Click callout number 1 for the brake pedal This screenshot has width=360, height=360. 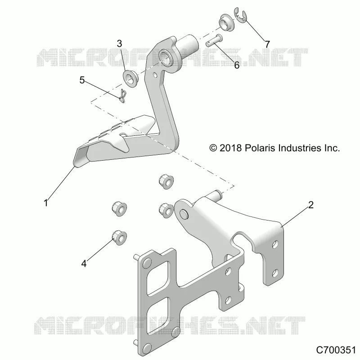pyautogui.click(x=46, y=203)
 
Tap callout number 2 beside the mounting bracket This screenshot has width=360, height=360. pyautogui.click(x=310, y=205)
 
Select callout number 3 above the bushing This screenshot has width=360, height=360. pyautogui.click(x=119, y=44)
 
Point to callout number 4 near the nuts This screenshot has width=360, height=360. pyautogui.click(x=84, y=264)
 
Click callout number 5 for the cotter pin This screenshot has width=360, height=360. pyautogui.click(x=82, y=80)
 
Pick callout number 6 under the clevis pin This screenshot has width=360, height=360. pyautogui.click(x=237, y=65)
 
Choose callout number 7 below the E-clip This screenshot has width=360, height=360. pyautogui.click(x=267, y=44)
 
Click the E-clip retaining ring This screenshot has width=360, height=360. pyautogui.click(x=240, y=15)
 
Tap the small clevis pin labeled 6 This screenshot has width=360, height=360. pyautogui.click(x=213, y=40)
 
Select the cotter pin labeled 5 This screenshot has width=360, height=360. pyautogui.click(x=122, y=96)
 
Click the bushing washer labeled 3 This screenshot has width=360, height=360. pyautogui.click(x=130, y=78)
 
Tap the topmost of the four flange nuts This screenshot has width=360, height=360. pyautogui.click(x=166, y=182)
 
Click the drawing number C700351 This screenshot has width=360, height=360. pyautogui.click(x=335, y=350)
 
